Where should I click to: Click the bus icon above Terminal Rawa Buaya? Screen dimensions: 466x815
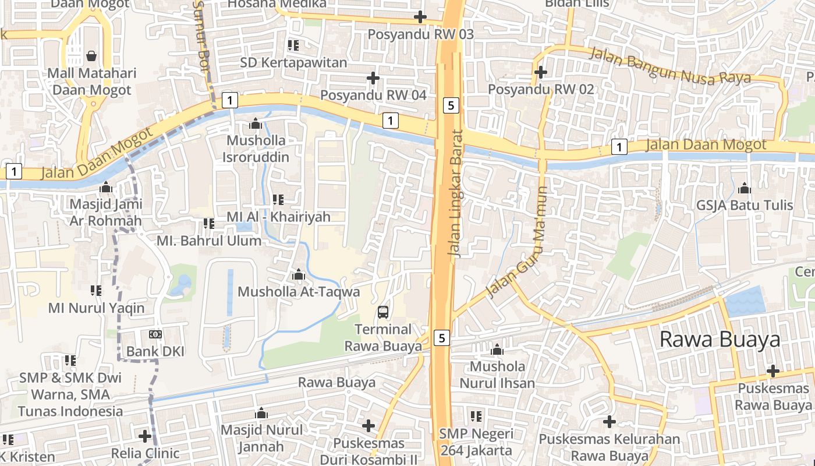pyautogui.click(x=382, y=312)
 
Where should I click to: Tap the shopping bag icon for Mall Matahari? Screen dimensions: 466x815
pyautogui.click(x=91, y=56)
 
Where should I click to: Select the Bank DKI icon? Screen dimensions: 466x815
pyautogui.click(x=155, y=334)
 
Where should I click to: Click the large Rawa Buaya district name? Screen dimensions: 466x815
pyautogui.click(x=720, y=339)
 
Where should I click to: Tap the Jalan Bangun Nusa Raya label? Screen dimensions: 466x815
pyautogui.click(x=670, y=66)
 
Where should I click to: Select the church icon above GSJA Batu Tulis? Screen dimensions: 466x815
pyautogui.click(x=744, y=188)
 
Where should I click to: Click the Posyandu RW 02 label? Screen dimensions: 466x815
pyautogui.click(x=541, y=89)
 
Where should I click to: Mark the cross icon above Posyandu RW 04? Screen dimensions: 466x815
pyautogui.click(x=373, y=77)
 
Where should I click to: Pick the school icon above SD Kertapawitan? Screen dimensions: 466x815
pyautogui.click(x=293, y=45)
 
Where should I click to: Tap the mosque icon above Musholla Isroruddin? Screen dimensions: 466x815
pyautogui.click(x=255, y=123)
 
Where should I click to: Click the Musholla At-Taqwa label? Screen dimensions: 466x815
pyautogui.click(x=299, y=291)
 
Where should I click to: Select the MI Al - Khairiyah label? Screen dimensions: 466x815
pyautogui.click(x=278, y=217)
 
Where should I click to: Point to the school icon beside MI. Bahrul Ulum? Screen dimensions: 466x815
pyautogui.click(x=208, y=224)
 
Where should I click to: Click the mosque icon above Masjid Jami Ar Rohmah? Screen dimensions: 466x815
pyautogui.click(x=105, y=188)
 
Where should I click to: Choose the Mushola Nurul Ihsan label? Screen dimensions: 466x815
pyautogui.click(x=497, y=375)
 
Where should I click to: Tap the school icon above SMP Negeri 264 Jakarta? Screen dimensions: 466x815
pyautogui.click(x=476, y=416)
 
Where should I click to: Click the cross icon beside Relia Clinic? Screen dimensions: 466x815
pyautogui.click(x=145, y=436)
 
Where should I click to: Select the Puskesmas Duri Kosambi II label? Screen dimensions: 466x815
pyautogui.click(x=368, y=451)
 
